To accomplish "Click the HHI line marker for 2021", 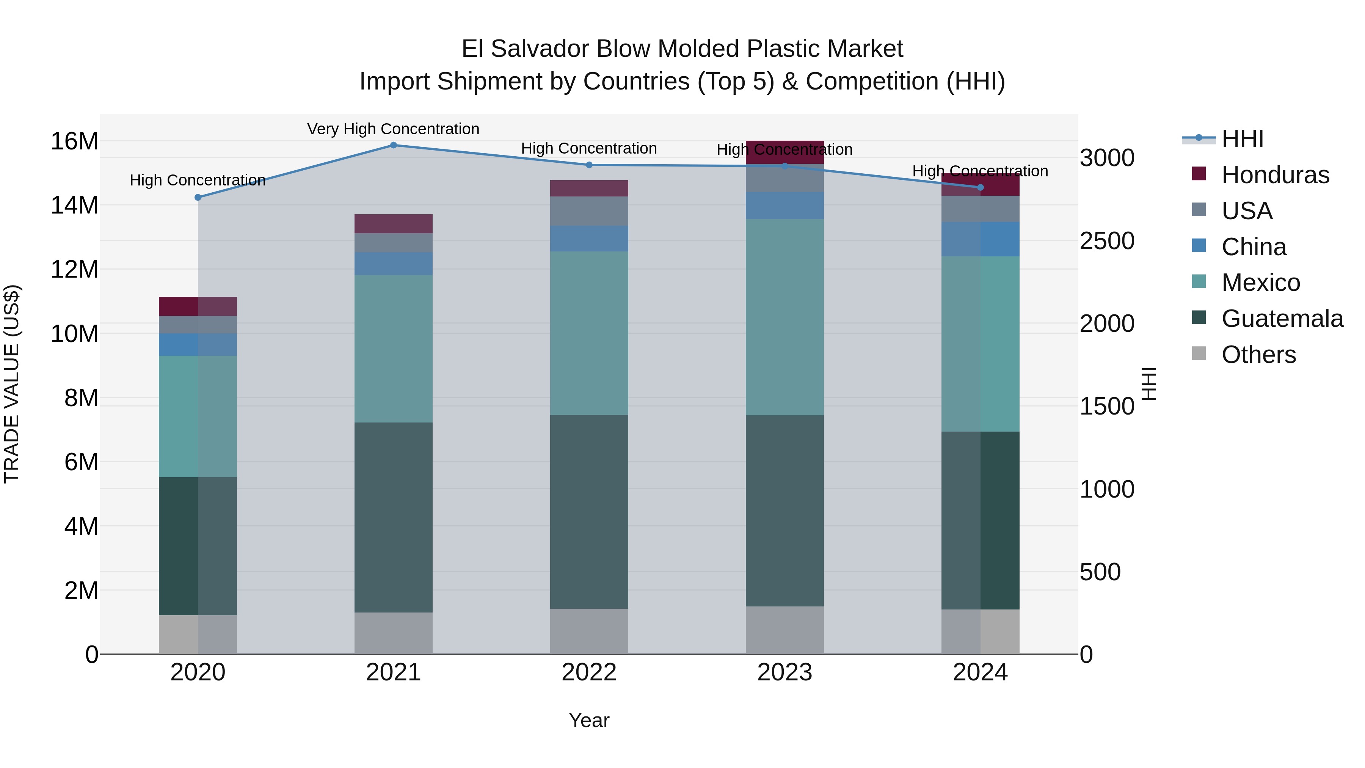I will [x=393, y=145].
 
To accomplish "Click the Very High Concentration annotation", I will [x=393, y=129].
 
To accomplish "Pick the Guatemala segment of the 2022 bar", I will [x=589, y=512].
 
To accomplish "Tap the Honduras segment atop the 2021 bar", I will [x=393, y=224].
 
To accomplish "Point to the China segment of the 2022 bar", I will [x=589, y=239].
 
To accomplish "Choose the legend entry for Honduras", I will [x=1275, y=175].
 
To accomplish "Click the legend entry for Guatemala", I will [x=1282, y=319].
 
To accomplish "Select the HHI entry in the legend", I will [x=1242, y=139].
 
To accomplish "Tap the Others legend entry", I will [x=1258, y=355].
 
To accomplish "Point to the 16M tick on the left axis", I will [x=74, y=141].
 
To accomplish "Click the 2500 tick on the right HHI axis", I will [x=1107, y=241].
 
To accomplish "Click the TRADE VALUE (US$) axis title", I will [x=12, y=384].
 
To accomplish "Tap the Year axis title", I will [x=589, y=720].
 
